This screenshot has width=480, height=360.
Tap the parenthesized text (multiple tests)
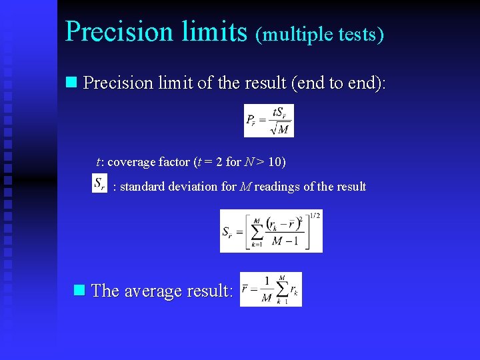coord(320,33)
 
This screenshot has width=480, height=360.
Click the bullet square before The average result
coord(79,290)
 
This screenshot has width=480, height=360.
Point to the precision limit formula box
coord(269,121)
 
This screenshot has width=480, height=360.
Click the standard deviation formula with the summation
coord(271,231)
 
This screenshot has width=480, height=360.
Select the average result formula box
coord(271,289)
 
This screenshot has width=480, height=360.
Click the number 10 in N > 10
coord(275,162)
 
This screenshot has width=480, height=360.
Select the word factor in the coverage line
coord(171,162)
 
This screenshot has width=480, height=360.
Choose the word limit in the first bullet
coord(180,83)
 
